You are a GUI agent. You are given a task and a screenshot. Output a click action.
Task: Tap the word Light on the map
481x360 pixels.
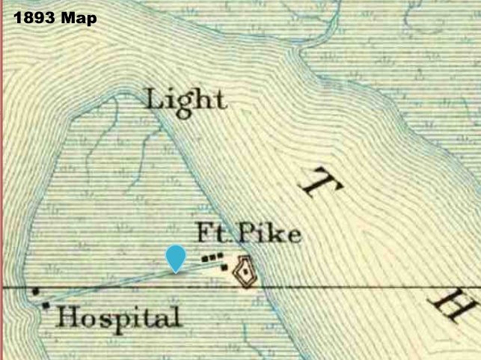pyautogui.click(x=185, y=100)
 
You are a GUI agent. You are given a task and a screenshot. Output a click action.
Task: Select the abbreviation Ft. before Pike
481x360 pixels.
pyautogui.click(x=213, y=234)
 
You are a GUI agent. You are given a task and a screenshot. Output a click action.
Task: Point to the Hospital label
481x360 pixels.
pyautogui.click(x=119, y=317)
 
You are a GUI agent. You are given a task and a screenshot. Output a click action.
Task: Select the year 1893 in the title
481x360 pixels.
pyautogui.click(x=34, y=17)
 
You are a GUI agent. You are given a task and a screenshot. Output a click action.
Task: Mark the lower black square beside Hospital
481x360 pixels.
pyautogui.click(x=46, y=305)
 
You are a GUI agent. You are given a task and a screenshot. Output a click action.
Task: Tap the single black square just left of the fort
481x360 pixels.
pyautogui.click(x=224, y=267)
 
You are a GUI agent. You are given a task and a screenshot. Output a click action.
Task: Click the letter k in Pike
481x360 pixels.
pyautogui.click(x=276, y=234)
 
